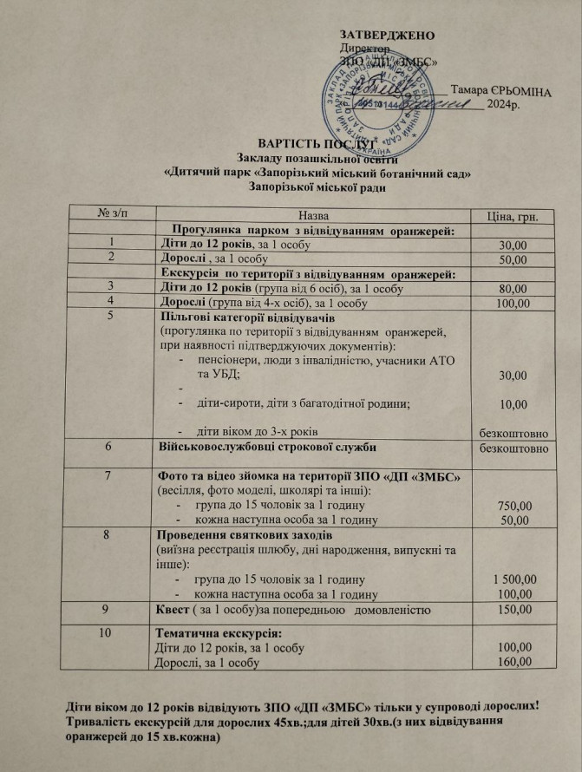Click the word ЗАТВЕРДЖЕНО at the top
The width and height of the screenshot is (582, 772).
[387, 35]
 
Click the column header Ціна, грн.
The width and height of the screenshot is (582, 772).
[515, 216]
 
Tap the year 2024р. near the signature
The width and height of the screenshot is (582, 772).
[503, 106]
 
